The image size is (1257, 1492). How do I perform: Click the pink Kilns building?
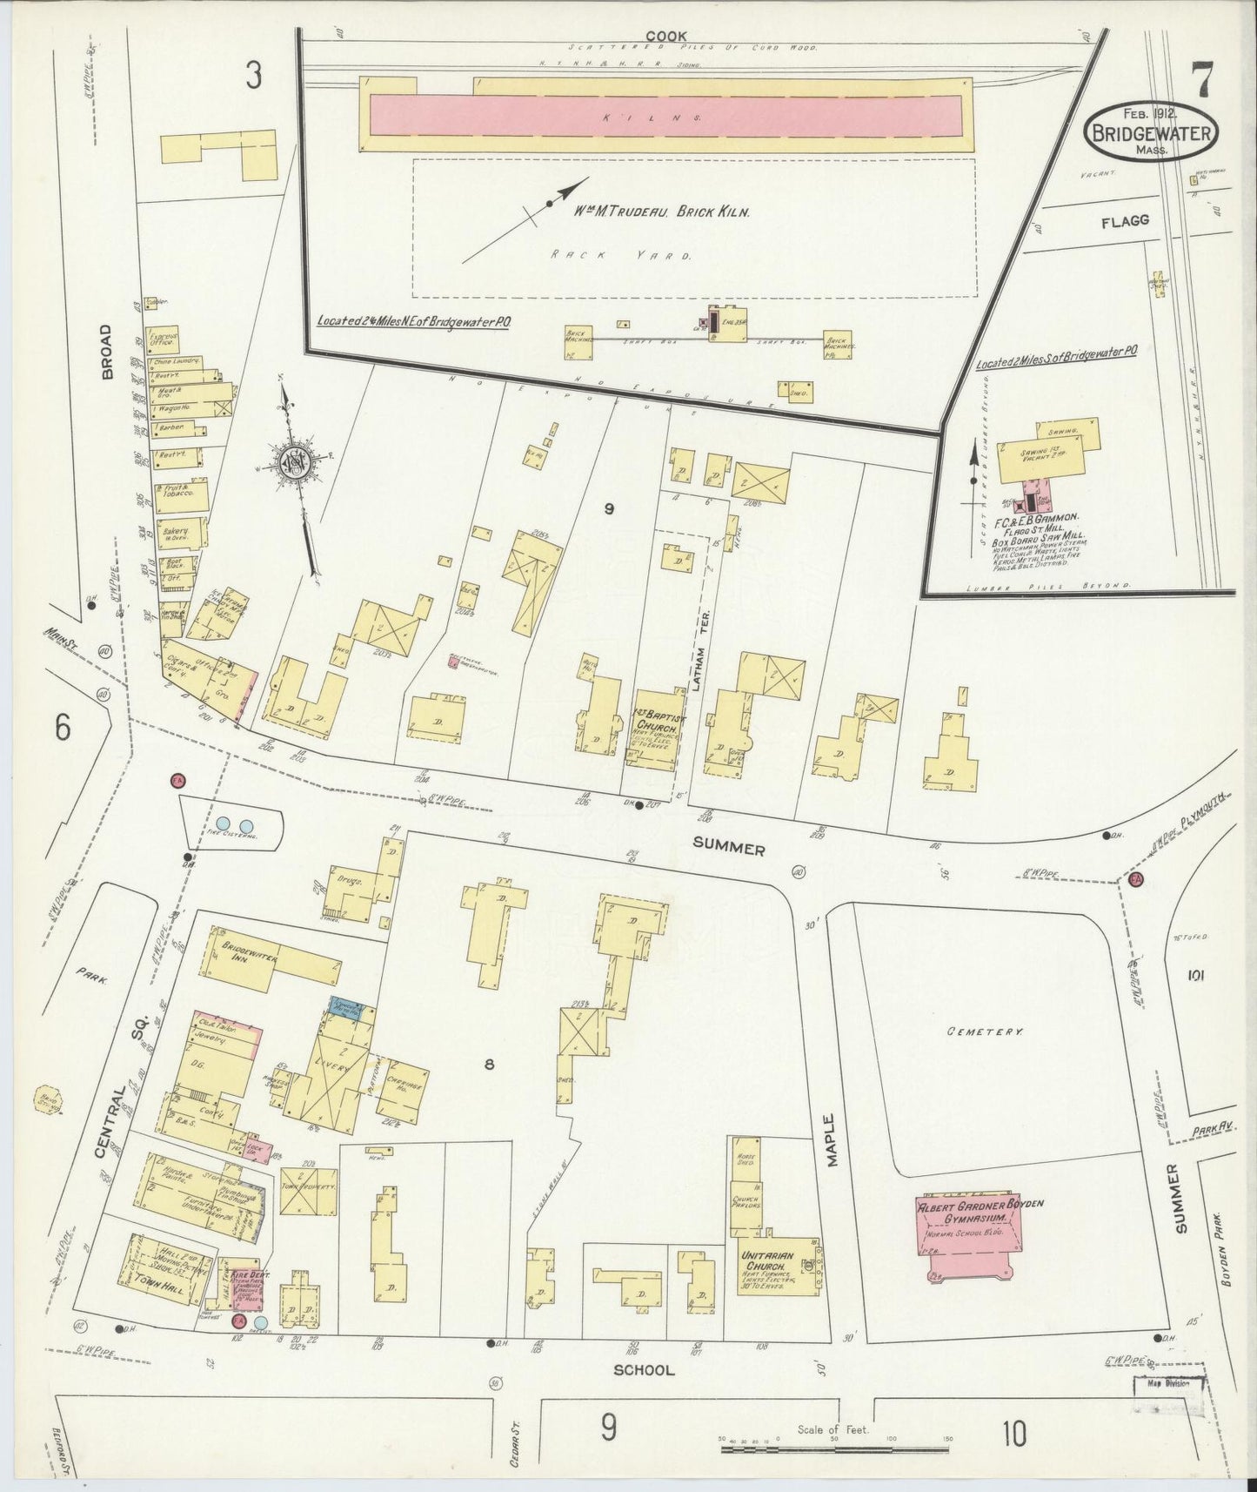tap(665, 115)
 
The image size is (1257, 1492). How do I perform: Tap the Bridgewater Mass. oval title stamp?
tap(1152, 132)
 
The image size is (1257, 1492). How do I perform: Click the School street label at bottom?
tap(644, 1369)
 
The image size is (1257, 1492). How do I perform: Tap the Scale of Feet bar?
tap(835, 1441)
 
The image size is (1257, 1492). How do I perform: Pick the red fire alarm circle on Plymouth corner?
tap(1134, 880)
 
